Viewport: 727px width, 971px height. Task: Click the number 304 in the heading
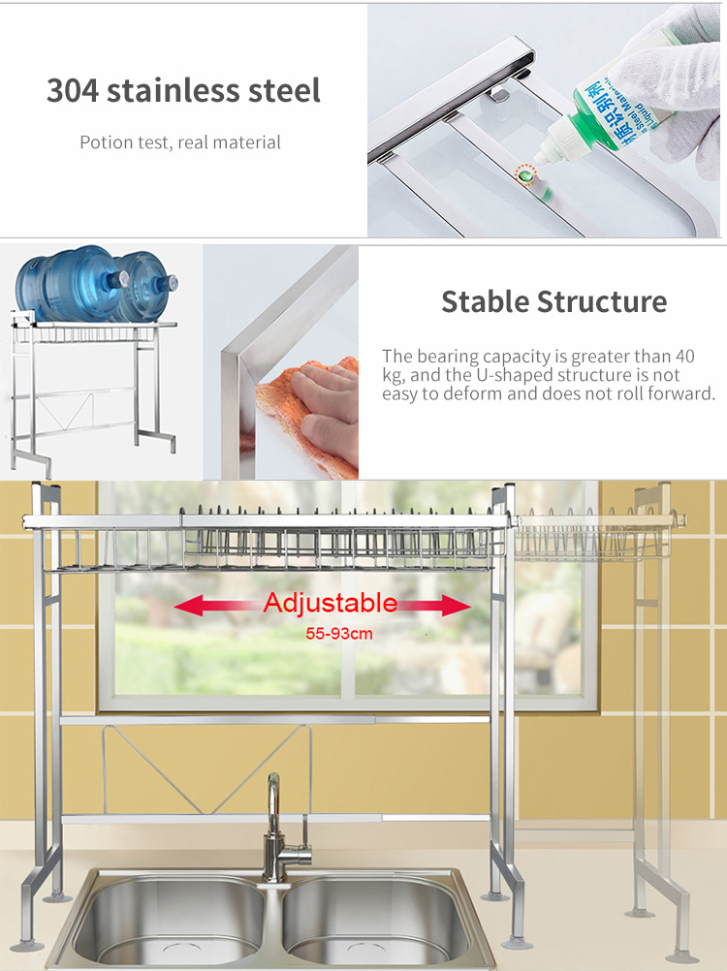[72, 91]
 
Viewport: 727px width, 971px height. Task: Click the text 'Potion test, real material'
[180, 142]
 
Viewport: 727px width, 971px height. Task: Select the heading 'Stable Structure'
[553, 301]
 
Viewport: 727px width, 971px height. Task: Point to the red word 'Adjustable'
[330, 604]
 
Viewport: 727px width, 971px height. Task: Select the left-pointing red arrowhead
[186, 607]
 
